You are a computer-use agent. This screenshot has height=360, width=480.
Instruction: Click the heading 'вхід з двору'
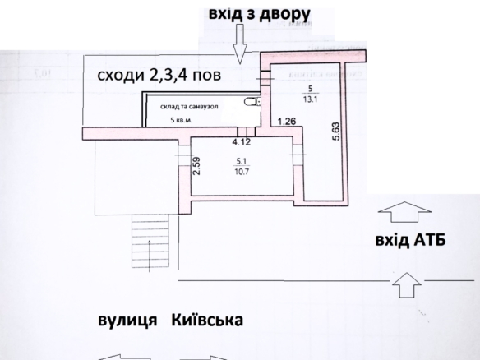click(260, 14)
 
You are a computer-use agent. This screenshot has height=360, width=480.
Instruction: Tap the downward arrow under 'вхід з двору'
click(240, 44)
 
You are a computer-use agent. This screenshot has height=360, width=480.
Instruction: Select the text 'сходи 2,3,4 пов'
click(159, 75)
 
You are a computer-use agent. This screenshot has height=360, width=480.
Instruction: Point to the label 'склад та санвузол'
click(189, 107)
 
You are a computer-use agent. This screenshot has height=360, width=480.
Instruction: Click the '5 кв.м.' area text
click(182, 120)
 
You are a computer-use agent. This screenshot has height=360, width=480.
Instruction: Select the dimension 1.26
click(287, 122)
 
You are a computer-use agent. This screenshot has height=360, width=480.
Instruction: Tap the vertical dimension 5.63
click(336, 132)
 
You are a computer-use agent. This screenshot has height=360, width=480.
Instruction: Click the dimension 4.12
click(241, 141)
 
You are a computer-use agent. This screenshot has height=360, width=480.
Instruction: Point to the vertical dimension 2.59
click(196, 166)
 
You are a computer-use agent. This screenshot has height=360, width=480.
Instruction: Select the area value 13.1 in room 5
click(310, 99)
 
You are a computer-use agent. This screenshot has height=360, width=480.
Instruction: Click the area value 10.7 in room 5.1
click(242, 172)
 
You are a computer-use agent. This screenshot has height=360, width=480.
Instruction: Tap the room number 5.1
click(242, 161)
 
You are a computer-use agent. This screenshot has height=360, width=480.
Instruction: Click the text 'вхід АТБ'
click(410, 240)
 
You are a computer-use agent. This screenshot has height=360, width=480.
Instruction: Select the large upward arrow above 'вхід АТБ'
click(404, 212)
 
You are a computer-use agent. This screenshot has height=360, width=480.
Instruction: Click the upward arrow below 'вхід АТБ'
click(407, 284)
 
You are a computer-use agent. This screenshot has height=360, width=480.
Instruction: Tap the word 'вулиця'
click(127, 321)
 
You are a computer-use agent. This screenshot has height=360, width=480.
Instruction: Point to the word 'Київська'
click(207, 320)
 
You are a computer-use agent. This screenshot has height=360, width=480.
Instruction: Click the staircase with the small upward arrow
click(150, 241)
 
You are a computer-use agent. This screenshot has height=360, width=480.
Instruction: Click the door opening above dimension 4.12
click(247, 132)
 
